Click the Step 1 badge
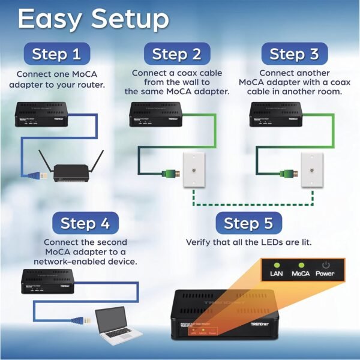[56, 54]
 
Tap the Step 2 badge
[176, 54]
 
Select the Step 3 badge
[294, 54]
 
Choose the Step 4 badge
[85, 224]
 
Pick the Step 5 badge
[248, 224]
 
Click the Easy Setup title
[93, 19]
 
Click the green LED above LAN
[277, 264]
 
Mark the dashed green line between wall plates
[252, 203]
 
